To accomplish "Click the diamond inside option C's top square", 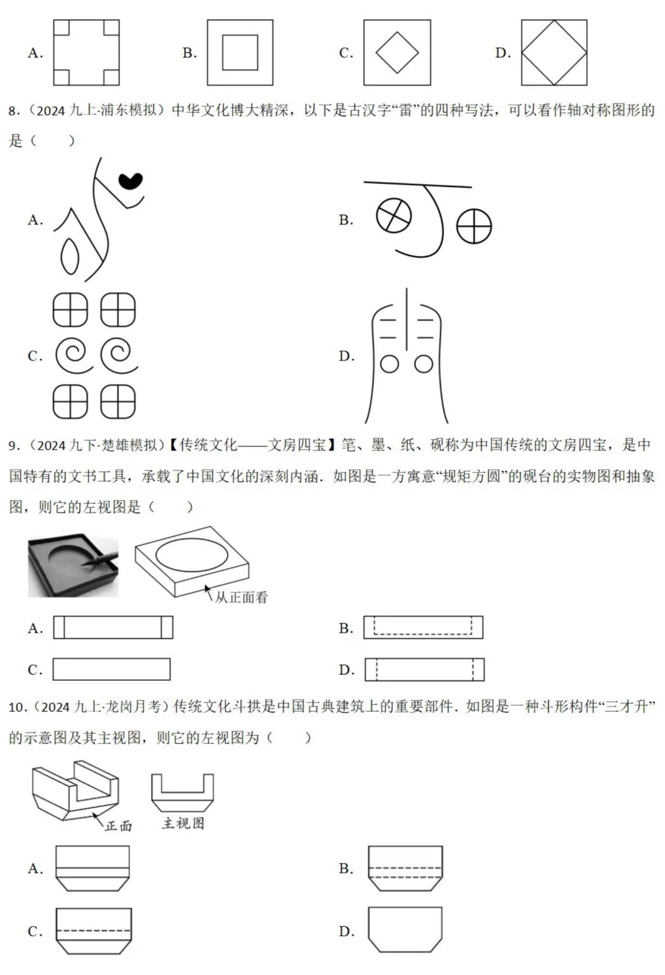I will pos(397,53).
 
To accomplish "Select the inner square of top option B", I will pos(240,53).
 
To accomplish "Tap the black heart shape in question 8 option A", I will pos(131,180).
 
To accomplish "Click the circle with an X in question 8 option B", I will pos(393,215).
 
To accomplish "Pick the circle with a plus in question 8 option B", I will pos(474,226).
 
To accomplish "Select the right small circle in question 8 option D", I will pos(424,364).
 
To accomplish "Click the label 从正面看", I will pos(241,597).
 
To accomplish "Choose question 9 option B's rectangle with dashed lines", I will pos(423,627).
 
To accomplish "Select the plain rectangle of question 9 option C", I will pos(111,669).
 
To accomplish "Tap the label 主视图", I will pos(183,823).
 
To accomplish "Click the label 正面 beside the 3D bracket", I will pos(118,825).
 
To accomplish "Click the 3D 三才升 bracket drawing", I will pos(75,790).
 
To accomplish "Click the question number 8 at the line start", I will pos(14,111).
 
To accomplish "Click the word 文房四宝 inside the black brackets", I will pos(297,445).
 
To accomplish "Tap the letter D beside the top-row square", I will pos(502,54).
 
